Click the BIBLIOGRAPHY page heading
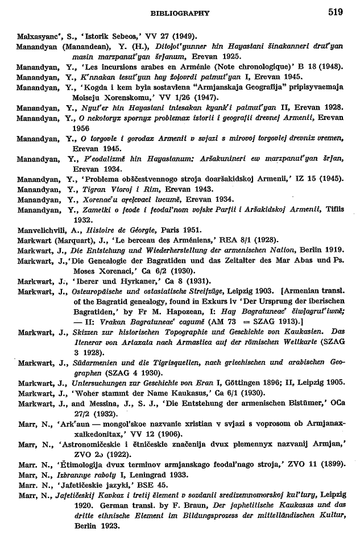click(180, 13)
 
